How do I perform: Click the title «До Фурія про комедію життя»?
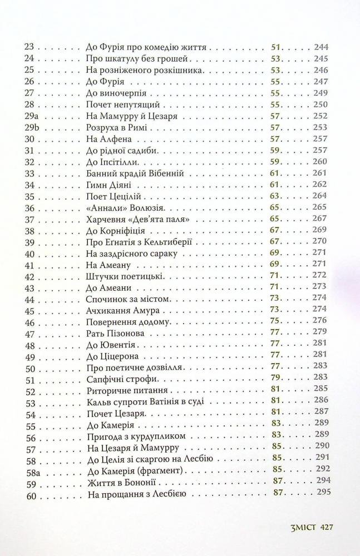click(x=147, y=47)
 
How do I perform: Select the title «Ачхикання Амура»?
click(x=123, y=310)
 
